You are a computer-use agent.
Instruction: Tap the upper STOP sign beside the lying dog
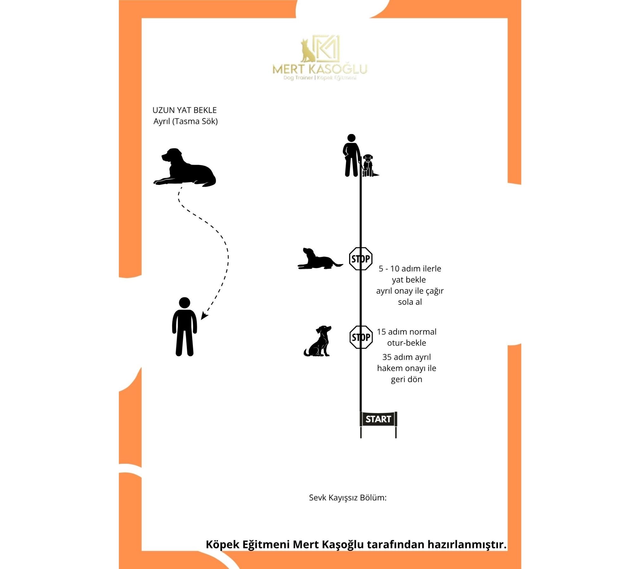tap(360, 259)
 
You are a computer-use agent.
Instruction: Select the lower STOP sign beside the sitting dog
tap(361, 337)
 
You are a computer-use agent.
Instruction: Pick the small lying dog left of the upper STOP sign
tap(320, 259)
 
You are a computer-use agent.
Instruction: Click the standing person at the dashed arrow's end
tap(185, 327)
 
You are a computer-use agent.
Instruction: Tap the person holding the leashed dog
tap(352, 156)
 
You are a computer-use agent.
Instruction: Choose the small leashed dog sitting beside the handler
tap(369, 165)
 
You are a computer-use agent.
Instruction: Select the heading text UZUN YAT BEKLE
tap(185, 110)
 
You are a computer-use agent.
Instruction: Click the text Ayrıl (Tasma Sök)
tap(186, 121)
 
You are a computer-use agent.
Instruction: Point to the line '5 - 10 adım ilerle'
tap(410, 268)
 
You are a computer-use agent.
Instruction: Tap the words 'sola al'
tap(410, 302)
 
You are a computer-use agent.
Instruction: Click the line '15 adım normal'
tap(407, 332)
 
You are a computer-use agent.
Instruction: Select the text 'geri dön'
tap(407, 379)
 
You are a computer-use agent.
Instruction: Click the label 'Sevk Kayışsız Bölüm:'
tap(348, 498)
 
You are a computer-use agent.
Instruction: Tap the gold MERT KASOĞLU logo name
tap(320, 69)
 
